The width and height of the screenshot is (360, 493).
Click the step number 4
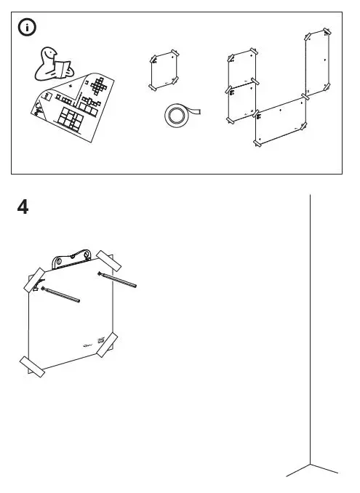24,207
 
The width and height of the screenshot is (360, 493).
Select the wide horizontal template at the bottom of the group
281,121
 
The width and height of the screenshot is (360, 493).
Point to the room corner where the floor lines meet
311,463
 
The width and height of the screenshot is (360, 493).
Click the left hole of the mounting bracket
60,260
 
